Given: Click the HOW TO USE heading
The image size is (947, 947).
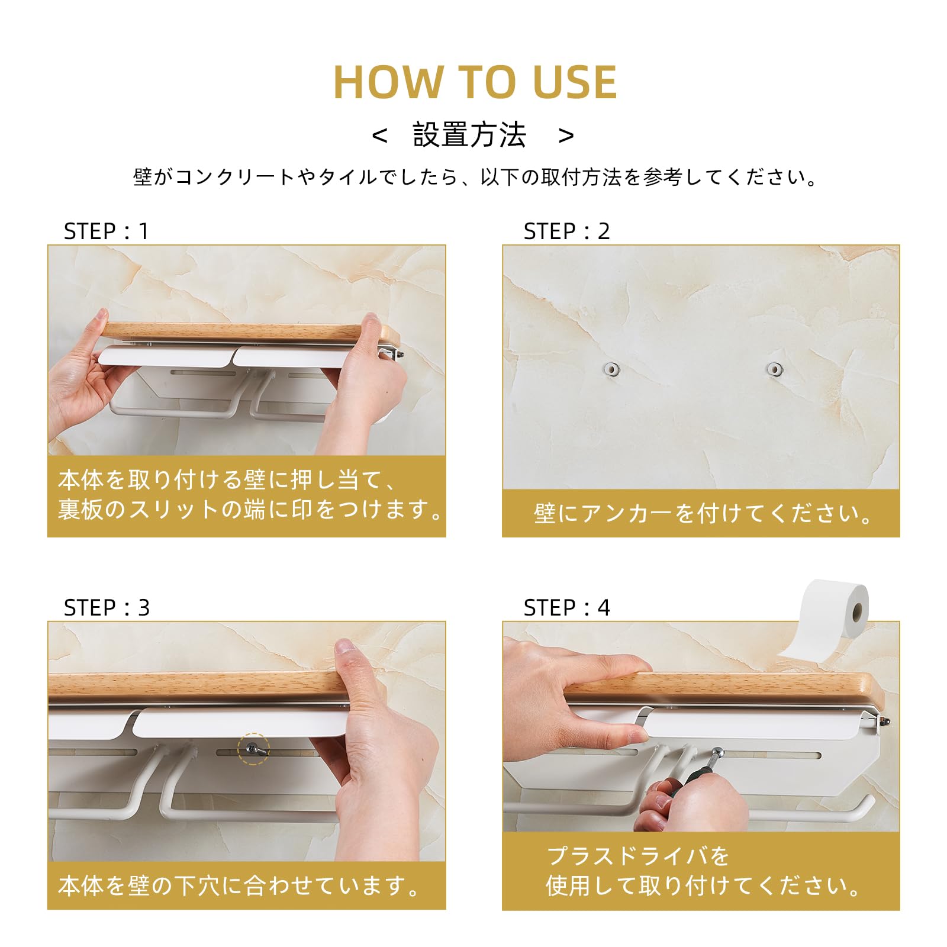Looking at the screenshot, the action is [x=475, y=82].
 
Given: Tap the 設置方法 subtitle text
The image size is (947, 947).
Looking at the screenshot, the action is [x=469, y=135].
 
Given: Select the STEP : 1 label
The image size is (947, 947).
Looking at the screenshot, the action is [x=106, y=231].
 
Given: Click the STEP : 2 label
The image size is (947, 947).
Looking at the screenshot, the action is [x=566, y=231].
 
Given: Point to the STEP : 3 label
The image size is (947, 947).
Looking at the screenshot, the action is [x=107, y=608].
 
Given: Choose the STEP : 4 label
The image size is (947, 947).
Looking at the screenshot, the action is [x=566, y=608].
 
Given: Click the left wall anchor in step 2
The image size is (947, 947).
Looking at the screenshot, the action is [x=611, y=370].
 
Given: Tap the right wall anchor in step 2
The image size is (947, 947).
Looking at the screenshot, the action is [x=774, y=369].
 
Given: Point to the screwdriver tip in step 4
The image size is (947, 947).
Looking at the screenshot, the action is [x=718, y=753].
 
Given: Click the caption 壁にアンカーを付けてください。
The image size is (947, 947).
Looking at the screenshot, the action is [x=703, y=513].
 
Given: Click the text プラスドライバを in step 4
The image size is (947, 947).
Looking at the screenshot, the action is [x=637, y=856].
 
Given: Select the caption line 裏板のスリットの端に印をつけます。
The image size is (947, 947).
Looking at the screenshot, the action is [x=250, y=509].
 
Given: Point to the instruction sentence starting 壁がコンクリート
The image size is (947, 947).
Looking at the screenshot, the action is [x=475, y=177].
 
